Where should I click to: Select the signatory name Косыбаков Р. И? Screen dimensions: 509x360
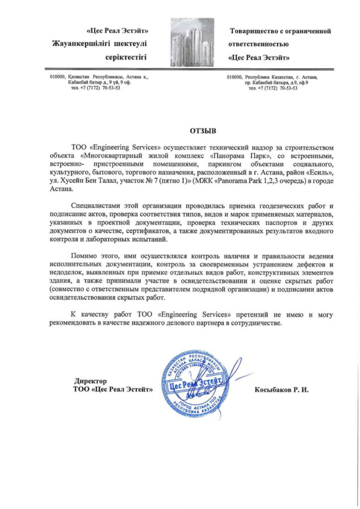(281, 389)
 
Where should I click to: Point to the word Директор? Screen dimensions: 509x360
(90, 381)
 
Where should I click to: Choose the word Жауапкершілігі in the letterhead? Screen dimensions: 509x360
(81, 44)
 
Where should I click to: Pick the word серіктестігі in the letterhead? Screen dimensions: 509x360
(129, 57)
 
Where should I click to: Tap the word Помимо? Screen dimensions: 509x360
(84, 255)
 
